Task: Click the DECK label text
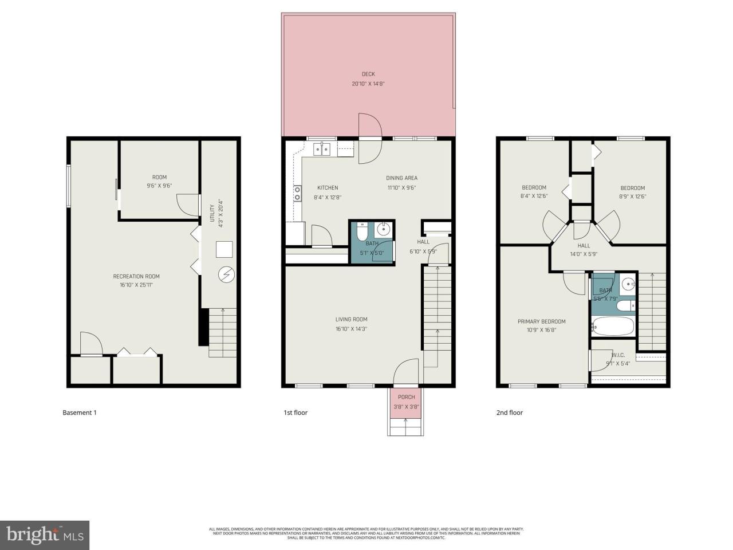point(368,74)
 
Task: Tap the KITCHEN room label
point(328,188)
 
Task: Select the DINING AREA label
point(401,178)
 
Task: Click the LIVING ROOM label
point(351,320)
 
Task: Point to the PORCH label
point(406,397)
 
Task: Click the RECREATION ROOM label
point(136,277)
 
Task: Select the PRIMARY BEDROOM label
point(541,321)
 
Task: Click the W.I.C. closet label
point(618,355)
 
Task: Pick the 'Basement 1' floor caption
point(79,412)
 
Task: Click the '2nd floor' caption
point(509,412)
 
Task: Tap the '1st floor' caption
point(295,412)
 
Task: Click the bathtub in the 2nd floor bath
point(613,327)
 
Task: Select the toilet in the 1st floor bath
point(362,232)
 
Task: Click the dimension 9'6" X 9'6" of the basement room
point(159,186)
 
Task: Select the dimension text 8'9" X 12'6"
point(632,196)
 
